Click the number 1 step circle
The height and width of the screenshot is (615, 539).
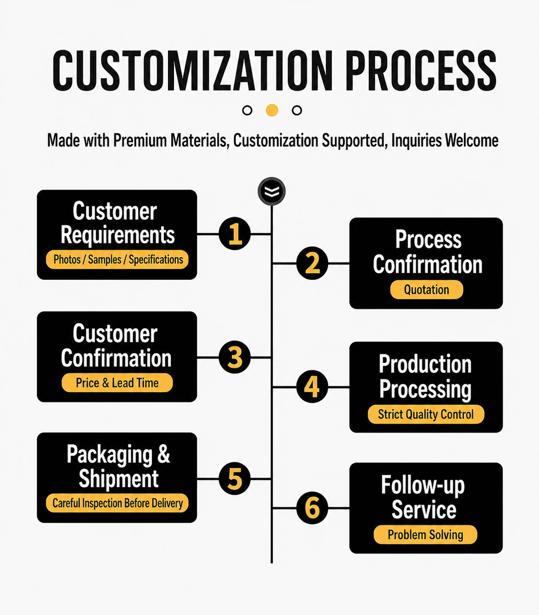click(x=235, y=233)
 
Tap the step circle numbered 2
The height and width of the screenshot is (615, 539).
click(x=312, y=263)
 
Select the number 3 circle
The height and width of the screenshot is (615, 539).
click(x=235, y=357)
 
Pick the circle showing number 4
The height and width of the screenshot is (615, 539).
click(x=312, y=386)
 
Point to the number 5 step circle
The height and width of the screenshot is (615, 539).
click(x=235, y=479)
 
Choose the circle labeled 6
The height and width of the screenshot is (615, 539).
click(x=312, y=508)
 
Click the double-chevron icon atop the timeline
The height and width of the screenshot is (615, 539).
click(x=272, y=191)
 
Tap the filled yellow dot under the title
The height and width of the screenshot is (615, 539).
click(x=272, y=110)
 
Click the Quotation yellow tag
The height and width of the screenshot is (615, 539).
click(x=427, y=290)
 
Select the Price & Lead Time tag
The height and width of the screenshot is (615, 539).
click(x=117, y=383)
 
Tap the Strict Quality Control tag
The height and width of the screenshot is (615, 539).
click(x=426, y=414)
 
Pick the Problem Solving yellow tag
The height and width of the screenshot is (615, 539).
click(x=425, y=535)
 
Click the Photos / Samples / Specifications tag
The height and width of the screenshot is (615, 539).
click(x=117, y=260)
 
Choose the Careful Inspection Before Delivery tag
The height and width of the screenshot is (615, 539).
click(x=117, y=503)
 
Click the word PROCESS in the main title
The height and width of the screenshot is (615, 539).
click(x=421, y=70)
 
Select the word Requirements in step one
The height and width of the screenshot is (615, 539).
click(x=118, y=235)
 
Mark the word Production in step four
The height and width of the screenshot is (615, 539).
click(x=425, y=364)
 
